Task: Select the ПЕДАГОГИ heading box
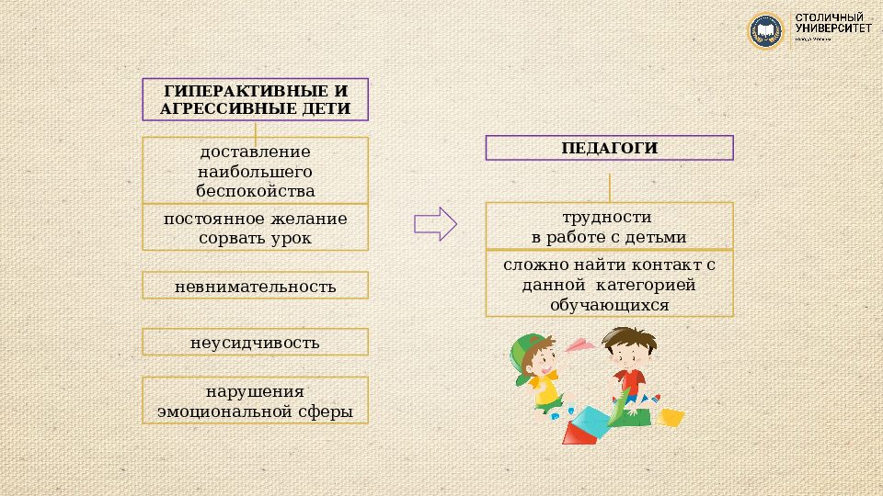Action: pyautogui.click(x=609, y=148)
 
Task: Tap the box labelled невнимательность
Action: pyautogui.click(x=255, y=287)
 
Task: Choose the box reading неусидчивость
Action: pyautogui.click(x=255, y=343)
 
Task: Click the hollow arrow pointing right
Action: pyautogui.click(x=435, y=224)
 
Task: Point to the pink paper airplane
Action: pyautogui.click(x=578, y=344)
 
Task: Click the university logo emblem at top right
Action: pyautogui.click(x=764, y=30)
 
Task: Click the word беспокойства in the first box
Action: pyautogui.click(x=255, y=191)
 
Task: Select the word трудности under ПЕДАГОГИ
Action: pyautogui.click(x=609, y=218)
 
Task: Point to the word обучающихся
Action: pyautogui.click(x=609, y=305)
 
